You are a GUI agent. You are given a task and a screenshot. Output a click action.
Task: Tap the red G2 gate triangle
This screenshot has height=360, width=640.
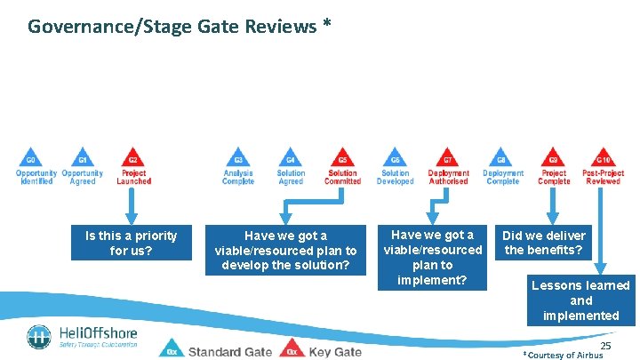pyautogui.click(x=132, y=156)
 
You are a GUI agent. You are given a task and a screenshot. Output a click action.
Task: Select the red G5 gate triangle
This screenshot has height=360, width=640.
pyautogui.click(x=342, y=156)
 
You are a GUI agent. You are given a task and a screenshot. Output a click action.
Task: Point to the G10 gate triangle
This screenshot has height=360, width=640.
pyautogui.click(x=604, y=156)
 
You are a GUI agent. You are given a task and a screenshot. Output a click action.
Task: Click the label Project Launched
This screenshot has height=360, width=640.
pyautogui.click(x=133, y=177)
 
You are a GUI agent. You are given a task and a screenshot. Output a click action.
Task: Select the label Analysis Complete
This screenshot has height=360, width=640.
pyautogui.click(x=238, y=177)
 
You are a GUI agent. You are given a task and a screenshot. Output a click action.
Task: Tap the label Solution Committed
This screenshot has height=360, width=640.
pyautogui.click(x=342, y=177)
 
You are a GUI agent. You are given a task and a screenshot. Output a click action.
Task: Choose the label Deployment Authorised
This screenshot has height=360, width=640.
pyautogui.click(x=448, y=177)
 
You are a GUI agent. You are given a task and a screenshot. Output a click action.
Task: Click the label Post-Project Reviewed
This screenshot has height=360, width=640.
pyautogui.click(x=604, y=177)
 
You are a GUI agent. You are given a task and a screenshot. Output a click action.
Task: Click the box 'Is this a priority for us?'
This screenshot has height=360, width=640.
pyautogui.click(x=131, y=243)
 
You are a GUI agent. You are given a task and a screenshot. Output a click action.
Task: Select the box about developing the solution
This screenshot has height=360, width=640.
pyautogui.click(x=285, y=250)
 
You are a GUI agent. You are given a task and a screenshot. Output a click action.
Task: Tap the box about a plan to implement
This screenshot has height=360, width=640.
pyautogui.click(x=433, y=257)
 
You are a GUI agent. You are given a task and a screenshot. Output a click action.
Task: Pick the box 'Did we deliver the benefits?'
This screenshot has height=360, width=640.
pyautogui.click(x=544, y=243)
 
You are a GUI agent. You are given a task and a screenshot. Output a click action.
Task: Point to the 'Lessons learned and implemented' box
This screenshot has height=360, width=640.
pyautogui.click(x=581, y=300)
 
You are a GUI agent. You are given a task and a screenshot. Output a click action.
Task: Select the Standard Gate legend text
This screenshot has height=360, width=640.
pyautogui.click(x=230, y=351)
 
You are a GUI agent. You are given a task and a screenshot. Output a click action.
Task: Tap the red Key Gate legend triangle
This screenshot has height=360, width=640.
pyautogui.click(x=290, y=349)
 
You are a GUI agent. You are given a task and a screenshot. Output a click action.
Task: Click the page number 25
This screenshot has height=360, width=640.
pyautogui.click(x=606, y=345)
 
